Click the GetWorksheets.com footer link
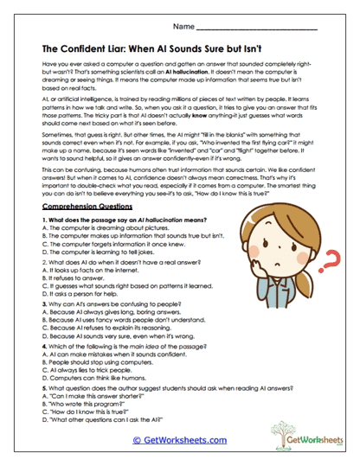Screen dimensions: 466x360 [180, 440]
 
